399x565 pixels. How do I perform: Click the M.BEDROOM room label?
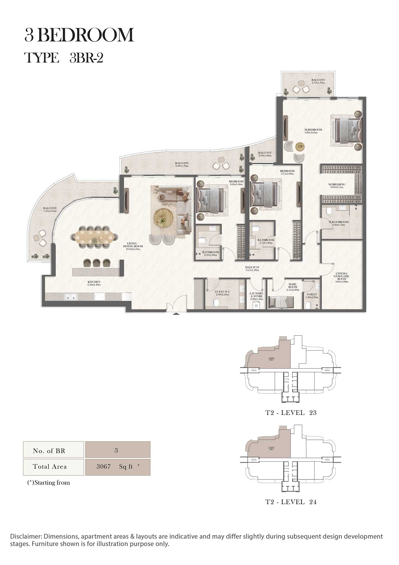point(313,131)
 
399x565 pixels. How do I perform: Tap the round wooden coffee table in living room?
point(163,218)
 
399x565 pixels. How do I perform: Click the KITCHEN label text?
point(94,283)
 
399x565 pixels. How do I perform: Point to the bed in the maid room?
point(280,303)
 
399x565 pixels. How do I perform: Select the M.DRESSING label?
point(336,185)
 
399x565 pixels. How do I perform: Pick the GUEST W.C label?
point(222,293)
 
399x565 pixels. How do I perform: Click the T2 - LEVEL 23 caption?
point(291,413)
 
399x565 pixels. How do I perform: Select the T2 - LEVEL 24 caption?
point(291,502)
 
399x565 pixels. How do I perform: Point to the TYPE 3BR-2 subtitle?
point(64,58)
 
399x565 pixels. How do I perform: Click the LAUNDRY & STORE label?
point(256,296)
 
